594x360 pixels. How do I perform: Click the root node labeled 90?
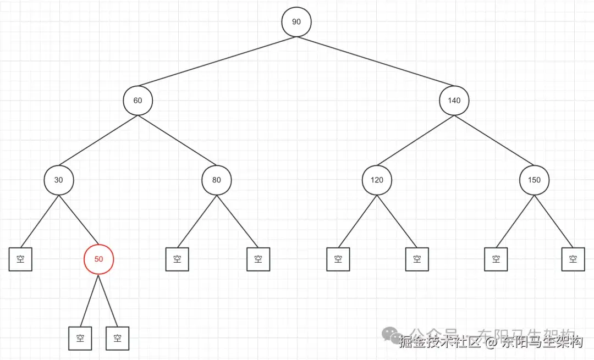[296, 22]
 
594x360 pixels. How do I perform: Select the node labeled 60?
[137, 101]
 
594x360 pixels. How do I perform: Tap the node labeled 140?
[454, 101]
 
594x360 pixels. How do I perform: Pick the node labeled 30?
[58, 180]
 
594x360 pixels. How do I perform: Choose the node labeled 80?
[216, 180]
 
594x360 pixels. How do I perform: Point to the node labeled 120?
[377, 180]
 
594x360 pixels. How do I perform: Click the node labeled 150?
[534, 180]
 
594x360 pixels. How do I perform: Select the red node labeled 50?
[99, 259]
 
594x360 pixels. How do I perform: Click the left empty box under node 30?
[20, 259]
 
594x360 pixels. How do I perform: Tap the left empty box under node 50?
[80, 339]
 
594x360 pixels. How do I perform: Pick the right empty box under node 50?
[117, 339]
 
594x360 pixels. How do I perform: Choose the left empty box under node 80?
[177, 259]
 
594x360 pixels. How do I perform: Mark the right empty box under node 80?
[258, 259]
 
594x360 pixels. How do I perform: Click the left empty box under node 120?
[338, 259]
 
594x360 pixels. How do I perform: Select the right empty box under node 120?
[417, 259]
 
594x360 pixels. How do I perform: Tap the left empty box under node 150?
[496, 259]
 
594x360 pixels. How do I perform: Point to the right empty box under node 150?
[573, 259]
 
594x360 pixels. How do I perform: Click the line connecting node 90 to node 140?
[375, 61]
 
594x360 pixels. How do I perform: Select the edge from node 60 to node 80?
[177, 140]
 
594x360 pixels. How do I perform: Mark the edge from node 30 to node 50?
[79, 220]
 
